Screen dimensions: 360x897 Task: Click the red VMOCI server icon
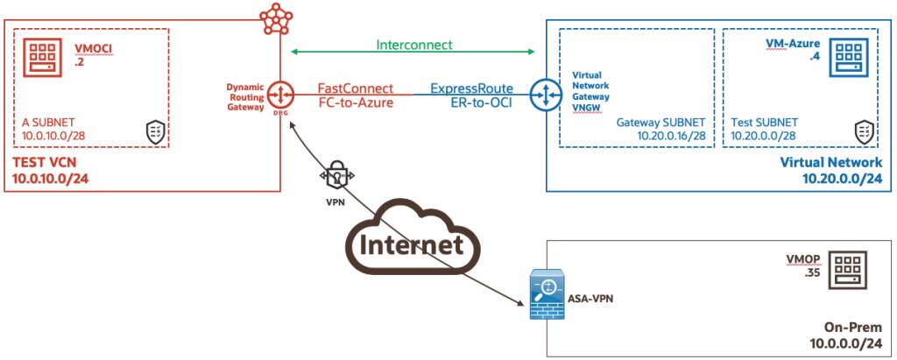40,58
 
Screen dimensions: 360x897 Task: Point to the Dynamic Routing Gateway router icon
280,95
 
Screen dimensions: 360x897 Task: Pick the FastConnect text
355,88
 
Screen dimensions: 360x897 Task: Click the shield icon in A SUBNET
154,132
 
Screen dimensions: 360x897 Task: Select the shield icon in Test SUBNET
864,132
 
